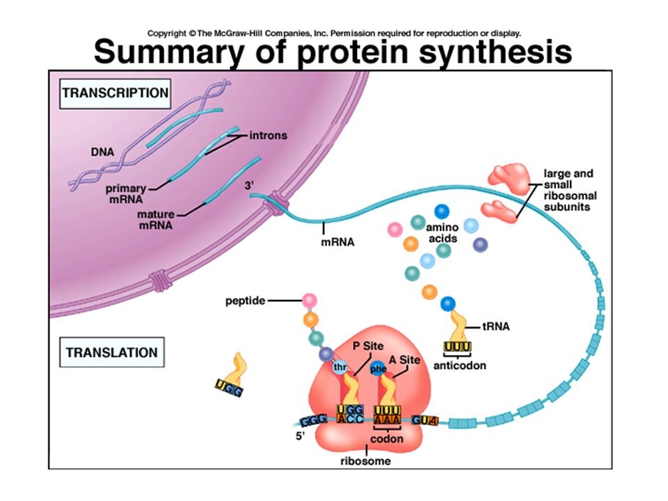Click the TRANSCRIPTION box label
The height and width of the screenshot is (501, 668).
[116, 93]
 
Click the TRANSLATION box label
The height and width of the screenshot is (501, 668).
[111, 353]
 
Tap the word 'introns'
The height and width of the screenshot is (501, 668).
[268, 136]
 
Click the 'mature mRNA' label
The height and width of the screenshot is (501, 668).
[155, 219]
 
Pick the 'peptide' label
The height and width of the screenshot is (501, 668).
[245, 301]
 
